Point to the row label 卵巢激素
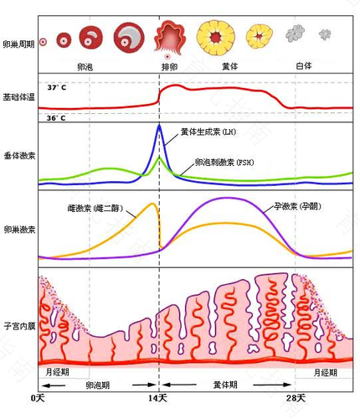pos(18,228)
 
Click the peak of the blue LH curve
pos(159,125)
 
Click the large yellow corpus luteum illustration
pos(213,38)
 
